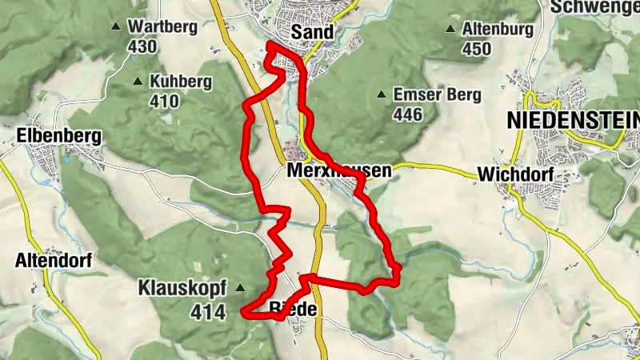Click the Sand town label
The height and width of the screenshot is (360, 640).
[312, 32]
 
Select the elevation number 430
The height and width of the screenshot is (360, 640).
[142, 46]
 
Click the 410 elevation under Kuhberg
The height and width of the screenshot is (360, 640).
[163, 102]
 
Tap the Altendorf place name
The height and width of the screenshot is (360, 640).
[54, 260]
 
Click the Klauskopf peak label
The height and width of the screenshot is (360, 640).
[183, 286]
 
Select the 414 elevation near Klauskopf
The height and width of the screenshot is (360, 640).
[207, 314]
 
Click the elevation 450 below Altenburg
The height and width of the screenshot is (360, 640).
[475, 50]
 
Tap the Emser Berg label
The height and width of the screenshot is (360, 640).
[437, 95]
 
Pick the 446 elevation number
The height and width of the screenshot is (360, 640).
[408, 115]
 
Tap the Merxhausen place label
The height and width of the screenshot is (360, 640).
[338, 171]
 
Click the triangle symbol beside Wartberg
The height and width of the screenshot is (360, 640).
[117, 26]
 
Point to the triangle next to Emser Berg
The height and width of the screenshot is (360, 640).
[382, 94]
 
